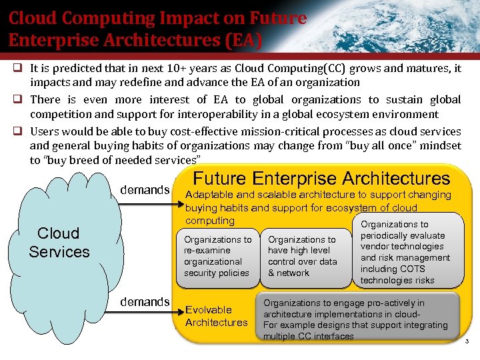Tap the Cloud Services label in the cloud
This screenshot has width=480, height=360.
tap(59, 243)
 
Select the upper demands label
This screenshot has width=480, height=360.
tap(145, 190)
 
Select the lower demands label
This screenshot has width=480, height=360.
tap(145, 302)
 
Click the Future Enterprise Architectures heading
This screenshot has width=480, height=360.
tap(321, 179)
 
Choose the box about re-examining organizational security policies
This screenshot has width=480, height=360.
tap(217, 256)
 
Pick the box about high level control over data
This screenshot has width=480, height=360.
tap(302, 256)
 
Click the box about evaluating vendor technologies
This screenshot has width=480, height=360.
tap(405, 252)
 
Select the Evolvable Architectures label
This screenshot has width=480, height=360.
tap(216, 316)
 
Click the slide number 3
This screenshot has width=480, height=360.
tap(467, 341)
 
